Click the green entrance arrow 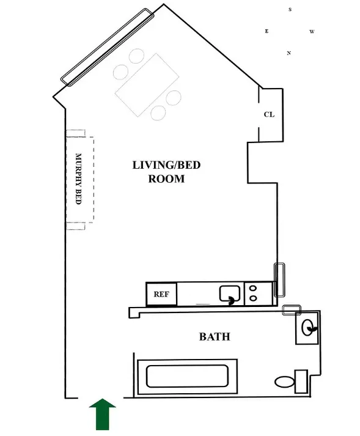[x=103, y=414]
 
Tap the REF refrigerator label [x=161, y=294]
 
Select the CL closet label [x=269, y=114]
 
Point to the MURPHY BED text [x=78, y=179]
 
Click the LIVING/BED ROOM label [x=166, y=172]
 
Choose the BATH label [x=215, y=336]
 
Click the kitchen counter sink [x=230, y=295]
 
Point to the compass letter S [x=290, y=10]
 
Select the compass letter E [x=266, y=31]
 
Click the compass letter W [x=312, y=31]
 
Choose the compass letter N [x=288, y=53]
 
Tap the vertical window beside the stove [x=279, y=279]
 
